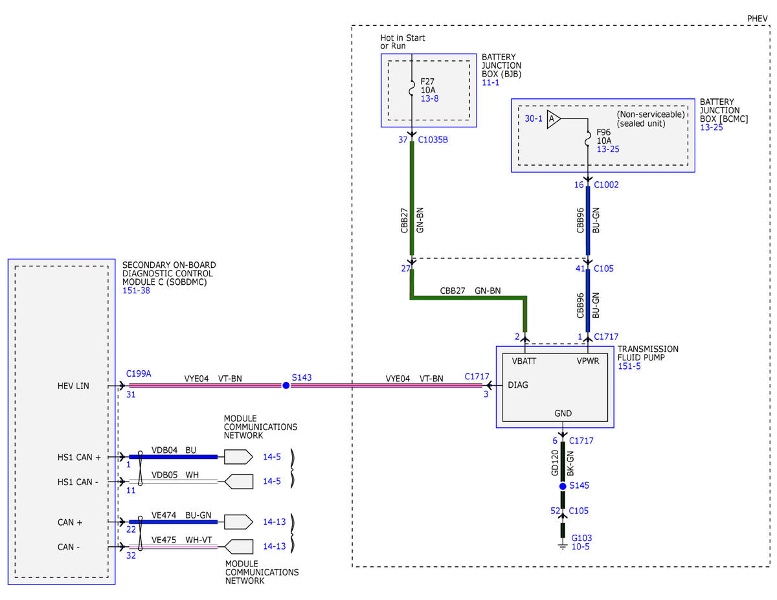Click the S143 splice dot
pyautogui.click(x=286, y=385)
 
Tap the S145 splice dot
pyautogui.click(x=563, y=486)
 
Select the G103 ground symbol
pyautogui.click(x=563, y=546)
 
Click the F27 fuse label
pyautogui.click(x=427, y=82)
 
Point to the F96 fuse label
pyautogui.click(x=603, y=132)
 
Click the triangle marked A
pyautogui.click(x=553, y=118)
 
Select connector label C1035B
pyautogui.click(x=433, y=140)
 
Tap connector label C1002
pyautogui.click(x=606, y=184)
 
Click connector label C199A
pyautogui.click(x=139, y=373)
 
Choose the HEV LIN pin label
pyautogui.click(x=73, y=386)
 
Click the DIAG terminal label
pyautogui.click(x=518, y=385)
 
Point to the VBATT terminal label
pyautogui.click(x=524, y=361)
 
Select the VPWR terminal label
pyautogui.click(x=588, y=361)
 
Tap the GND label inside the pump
pyautogui.click(x=563, y=414)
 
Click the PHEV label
pyautogui.click(x=758, y=19)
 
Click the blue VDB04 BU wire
pyautogui.click(x=173, y=457)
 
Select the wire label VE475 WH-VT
pyautogui.click(x=182, y=540)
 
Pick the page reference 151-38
pyautogui.click(x=136, y=291)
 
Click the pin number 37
pyautogui.click(x=403, y=140)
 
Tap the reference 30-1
pyautogui.click(x=534, y=118)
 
